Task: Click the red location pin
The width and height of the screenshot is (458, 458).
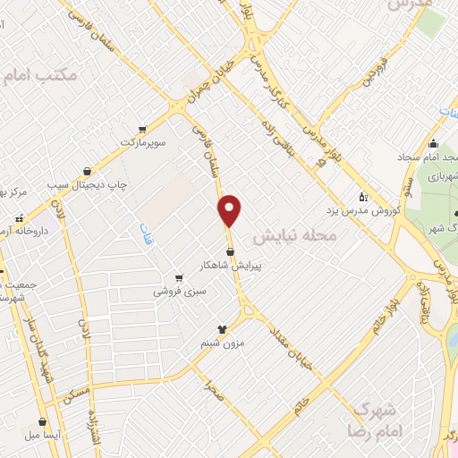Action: pos(230,210)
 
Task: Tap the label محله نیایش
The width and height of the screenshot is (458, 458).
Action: pos(294,236)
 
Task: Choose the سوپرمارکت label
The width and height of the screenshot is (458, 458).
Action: pos(145,142)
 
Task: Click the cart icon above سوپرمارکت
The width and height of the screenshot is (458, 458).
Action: pos(143,128)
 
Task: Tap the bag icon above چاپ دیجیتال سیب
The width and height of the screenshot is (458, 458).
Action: pos(87,170)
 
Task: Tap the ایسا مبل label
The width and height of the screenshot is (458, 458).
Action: pos(42,435)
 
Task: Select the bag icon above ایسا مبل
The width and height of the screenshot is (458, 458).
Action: pos(41,420)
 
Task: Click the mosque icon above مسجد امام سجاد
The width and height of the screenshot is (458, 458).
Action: pos(434,144)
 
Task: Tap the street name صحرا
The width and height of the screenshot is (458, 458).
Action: pos(212,386)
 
